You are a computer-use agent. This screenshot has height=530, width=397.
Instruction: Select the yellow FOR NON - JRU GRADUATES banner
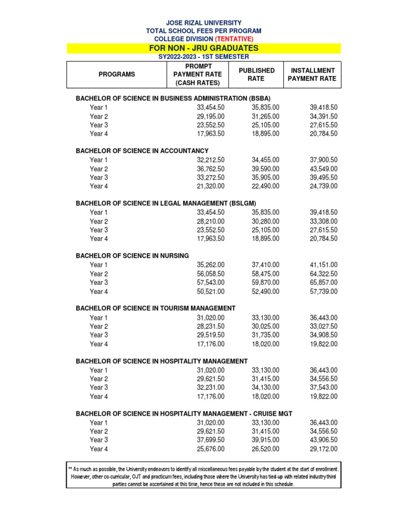[204, 48]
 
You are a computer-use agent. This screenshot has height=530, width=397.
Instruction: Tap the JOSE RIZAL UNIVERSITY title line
[203, 23]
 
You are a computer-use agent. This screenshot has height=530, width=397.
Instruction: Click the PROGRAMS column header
[117, 75]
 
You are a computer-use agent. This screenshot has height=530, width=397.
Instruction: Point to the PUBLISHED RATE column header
[256, 75]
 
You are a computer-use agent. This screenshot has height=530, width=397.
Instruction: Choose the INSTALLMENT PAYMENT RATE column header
[312, 75]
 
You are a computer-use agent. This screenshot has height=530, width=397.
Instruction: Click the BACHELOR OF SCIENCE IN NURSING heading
[132, 256]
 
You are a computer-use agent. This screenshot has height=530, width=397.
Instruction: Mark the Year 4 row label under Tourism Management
[99, 344]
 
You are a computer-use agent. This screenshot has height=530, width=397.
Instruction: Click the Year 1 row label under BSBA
[99, 107]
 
